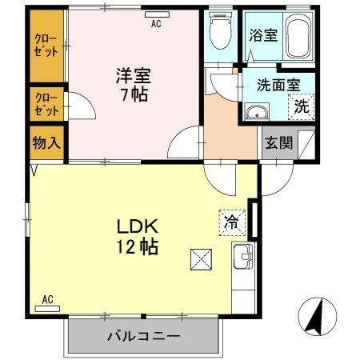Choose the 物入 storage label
pos(46,145)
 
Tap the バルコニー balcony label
pos(144,337)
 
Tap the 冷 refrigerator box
pos(230,222)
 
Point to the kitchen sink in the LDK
pos(243,258)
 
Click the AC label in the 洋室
pos(156,23)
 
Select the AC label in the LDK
pos(47,301)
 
